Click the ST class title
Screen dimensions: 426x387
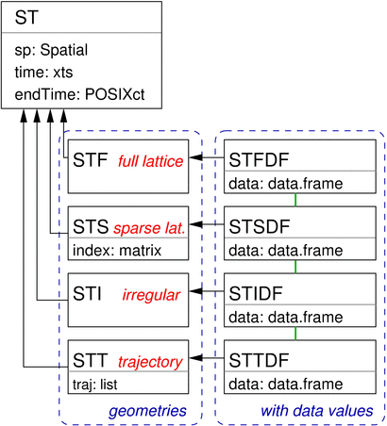pos(26,18)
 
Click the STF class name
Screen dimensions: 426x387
pos(90,161)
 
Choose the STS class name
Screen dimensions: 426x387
pos(91,228)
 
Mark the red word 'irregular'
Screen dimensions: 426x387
pos(150,296)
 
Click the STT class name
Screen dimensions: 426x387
pos(91,361)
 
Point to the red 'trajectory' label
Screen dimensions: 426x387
pos(151,362)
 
